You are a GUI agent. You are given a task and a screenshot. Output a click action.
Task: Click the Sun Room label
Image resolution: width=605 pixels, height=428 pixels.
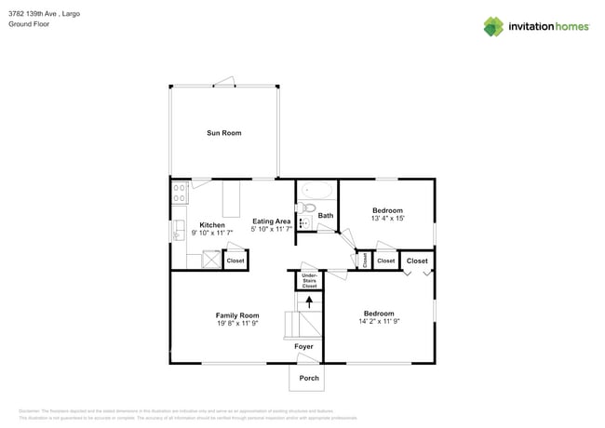(x=223, y=133)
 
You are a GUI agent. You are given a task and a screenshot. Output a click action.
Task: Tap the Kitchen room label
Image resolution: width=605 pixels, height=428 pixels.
(x=211, y=225)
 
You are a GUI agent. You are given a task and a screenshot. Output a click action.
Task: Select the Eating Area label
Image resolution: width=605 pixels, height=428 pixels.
(x=272, y=221)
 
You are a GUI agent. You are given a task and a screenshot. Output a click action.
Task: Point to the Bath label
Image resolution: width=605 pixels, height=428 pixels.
(x=325, y=216)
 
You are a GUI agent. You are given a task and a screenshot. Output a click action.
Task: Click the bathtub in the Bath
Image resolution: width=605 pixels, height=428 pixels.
(x=316, y=192)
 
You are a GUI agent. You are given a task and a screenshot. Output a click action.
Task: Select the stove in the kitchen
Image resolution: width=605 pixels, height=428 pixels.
(x=179, y=194)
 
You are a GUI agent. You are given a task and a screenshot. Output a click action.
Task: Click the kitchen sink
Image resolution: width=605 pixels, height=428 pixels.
(x=176, y=229)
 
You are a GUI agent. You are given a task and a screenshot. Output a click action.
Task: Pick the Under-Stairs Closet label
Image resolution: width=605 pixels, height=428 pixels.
(x=309, y=280)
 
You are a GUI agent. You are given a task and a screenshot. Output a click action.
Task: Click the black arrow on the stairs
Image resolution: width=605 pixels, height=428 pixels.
(x=309, y=301)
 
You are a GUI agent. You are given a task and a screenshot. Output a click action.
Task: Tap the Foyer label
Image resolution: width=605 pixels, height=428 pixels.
(x=303, y=346)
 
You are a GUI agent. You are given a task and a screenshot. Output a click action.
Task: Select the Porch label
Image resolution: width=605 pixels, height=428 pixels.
(x=308, y=378)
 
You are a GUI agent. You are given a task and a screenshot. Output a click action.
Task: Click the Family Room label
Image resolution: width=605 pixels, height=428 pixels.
(x=237, y=315)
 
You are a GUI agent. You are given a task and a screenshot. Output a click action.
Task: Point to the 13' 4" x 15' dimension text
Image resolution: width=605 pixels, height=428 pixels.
(x=387, y=220)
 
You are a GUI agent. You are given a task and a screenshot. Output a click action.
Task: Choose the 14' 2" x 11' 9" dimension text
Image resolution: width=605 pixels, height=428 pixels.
(x=378, y=322)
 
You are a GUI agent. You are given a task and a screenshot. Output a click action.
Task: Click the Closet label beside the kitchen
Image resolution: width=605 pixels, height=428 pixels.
(x=235, y=261)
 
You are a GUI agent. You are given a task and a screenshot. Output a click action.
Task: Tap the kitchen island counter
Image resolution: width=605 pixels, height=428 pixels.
(x=230, y=198)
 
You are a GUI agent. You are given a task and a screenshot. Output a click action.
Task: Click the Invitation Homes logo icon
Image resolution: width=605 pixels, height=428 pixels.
(x=493, y=26)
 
